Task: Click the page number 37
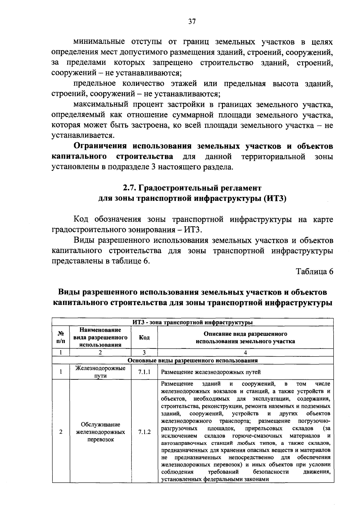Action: [x=192, y=21]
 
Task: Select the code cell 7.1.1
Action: [x=144, y=372]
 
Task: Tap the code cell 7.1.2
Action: [x=144, y=432]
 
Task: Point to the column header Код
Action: [x=144, y=338]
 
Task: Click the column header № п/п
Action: [x=61, y=338]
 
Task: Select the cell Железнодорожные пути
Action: [x=100, y=372]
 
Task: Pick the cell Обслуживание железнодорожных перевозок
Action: [x=100, y=432]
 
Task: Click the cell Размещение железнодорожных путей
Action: [x=211, y=372]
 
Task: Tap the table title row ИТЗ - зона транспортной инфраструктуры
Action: [x=193, y=323]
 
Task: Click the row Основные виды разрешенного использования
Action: [x=193, y=360]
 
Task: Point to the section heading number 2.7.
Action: [x=129, y=188]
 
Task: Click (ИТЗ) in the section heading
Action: [x=275, y=199]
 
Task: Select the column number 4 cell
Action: [x=245, y=353]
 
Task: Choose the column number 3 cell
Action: [x=144, y=353]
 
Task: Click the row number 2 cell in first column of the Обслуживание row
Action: [x=61, y=432]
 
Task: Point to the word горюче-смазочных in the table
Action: [x=257, y=436]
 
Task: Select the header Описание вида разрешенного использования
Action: [x=245, y=338]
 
